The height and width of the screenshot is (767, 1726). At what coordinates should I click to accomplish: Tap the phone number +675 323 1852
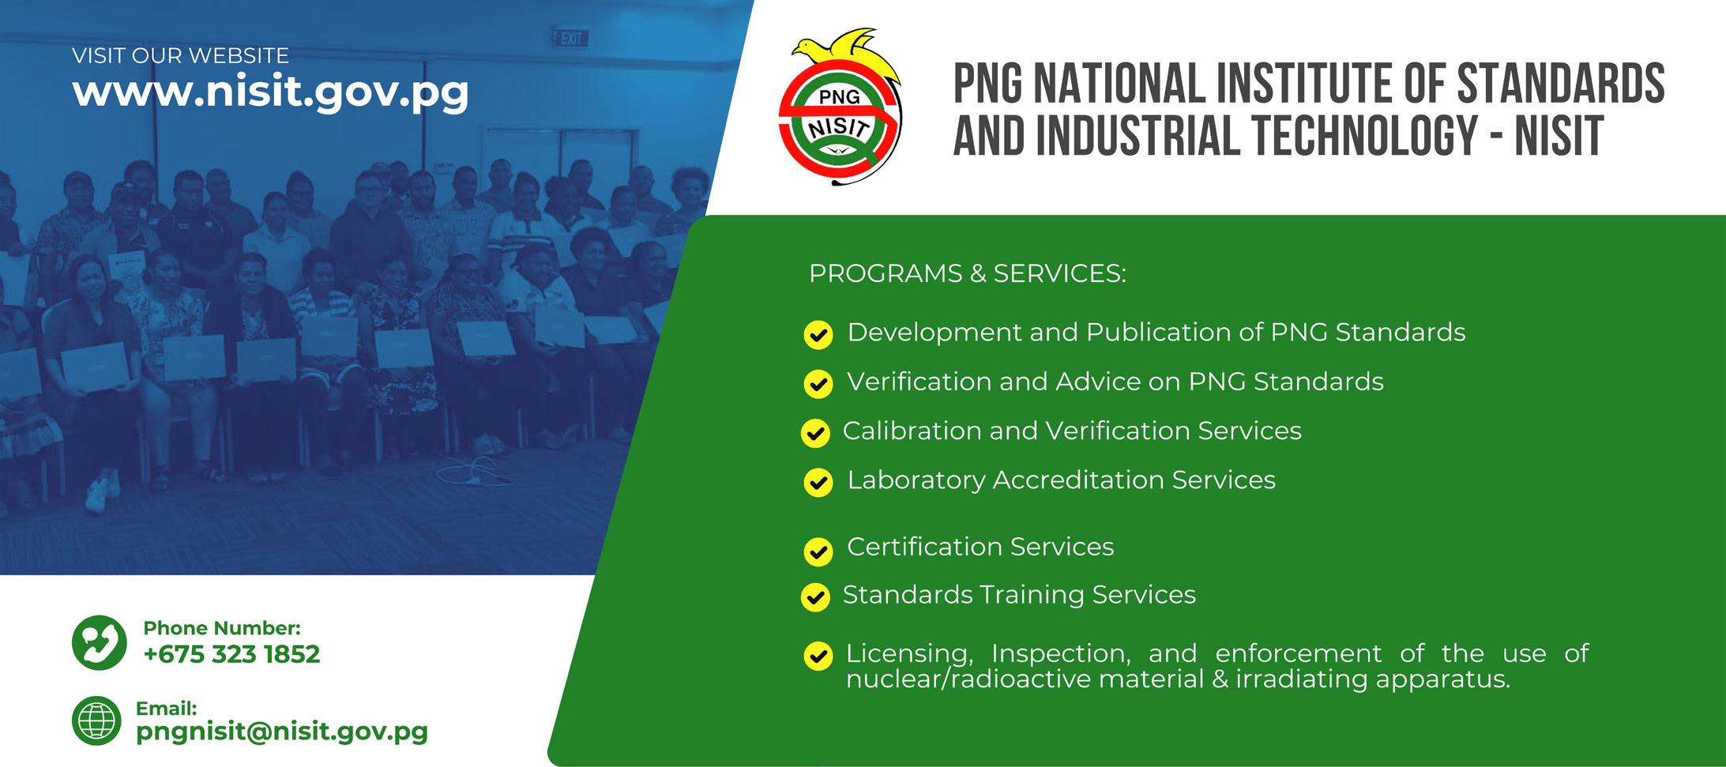(231, 654)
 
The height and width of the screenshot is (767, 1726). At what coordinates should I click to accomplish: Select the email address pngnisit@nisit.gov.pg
(282, 732)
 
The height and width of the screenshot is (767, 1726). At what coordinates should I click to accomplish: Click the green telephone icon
(100, 643)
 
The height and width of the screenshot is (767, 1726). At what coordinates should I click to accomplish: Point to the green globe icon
(96, 721)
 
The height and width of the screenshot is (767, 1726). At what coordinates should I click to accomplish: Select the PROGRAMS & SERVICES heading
(968, 273)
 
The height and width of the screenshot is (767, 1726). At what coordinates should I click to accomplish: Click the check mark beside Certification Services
(818, 551)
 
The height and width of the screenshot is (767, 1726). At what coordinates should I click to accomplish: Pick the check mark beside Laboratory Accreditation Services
(818, 483)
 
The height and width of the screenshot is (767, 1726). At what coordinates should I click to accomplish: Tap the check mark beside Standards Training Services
(815, 597)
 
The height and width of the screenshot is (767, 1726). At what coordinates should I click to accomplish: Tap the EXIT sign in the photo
(570, 39)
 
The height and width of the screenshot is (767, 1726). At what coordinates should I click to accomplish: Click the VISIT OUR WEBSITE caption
(180, 56)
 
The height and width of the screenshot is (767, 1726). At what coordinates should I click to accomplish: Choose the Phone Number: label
(222, 628)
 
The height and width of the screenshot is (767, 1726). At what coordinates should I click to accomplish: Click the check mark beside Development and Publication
(818, 335)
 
